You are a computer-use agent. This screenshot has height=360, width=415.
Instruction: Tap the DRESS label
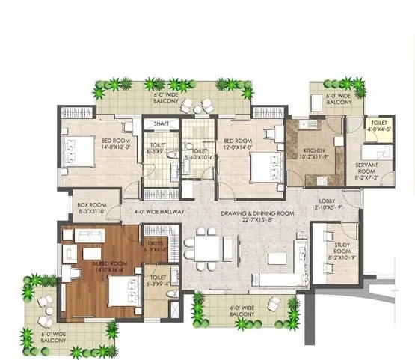tap(156, 244)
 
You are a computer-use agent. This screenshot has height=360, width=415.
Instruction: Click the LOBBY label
tap(328, 201)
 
